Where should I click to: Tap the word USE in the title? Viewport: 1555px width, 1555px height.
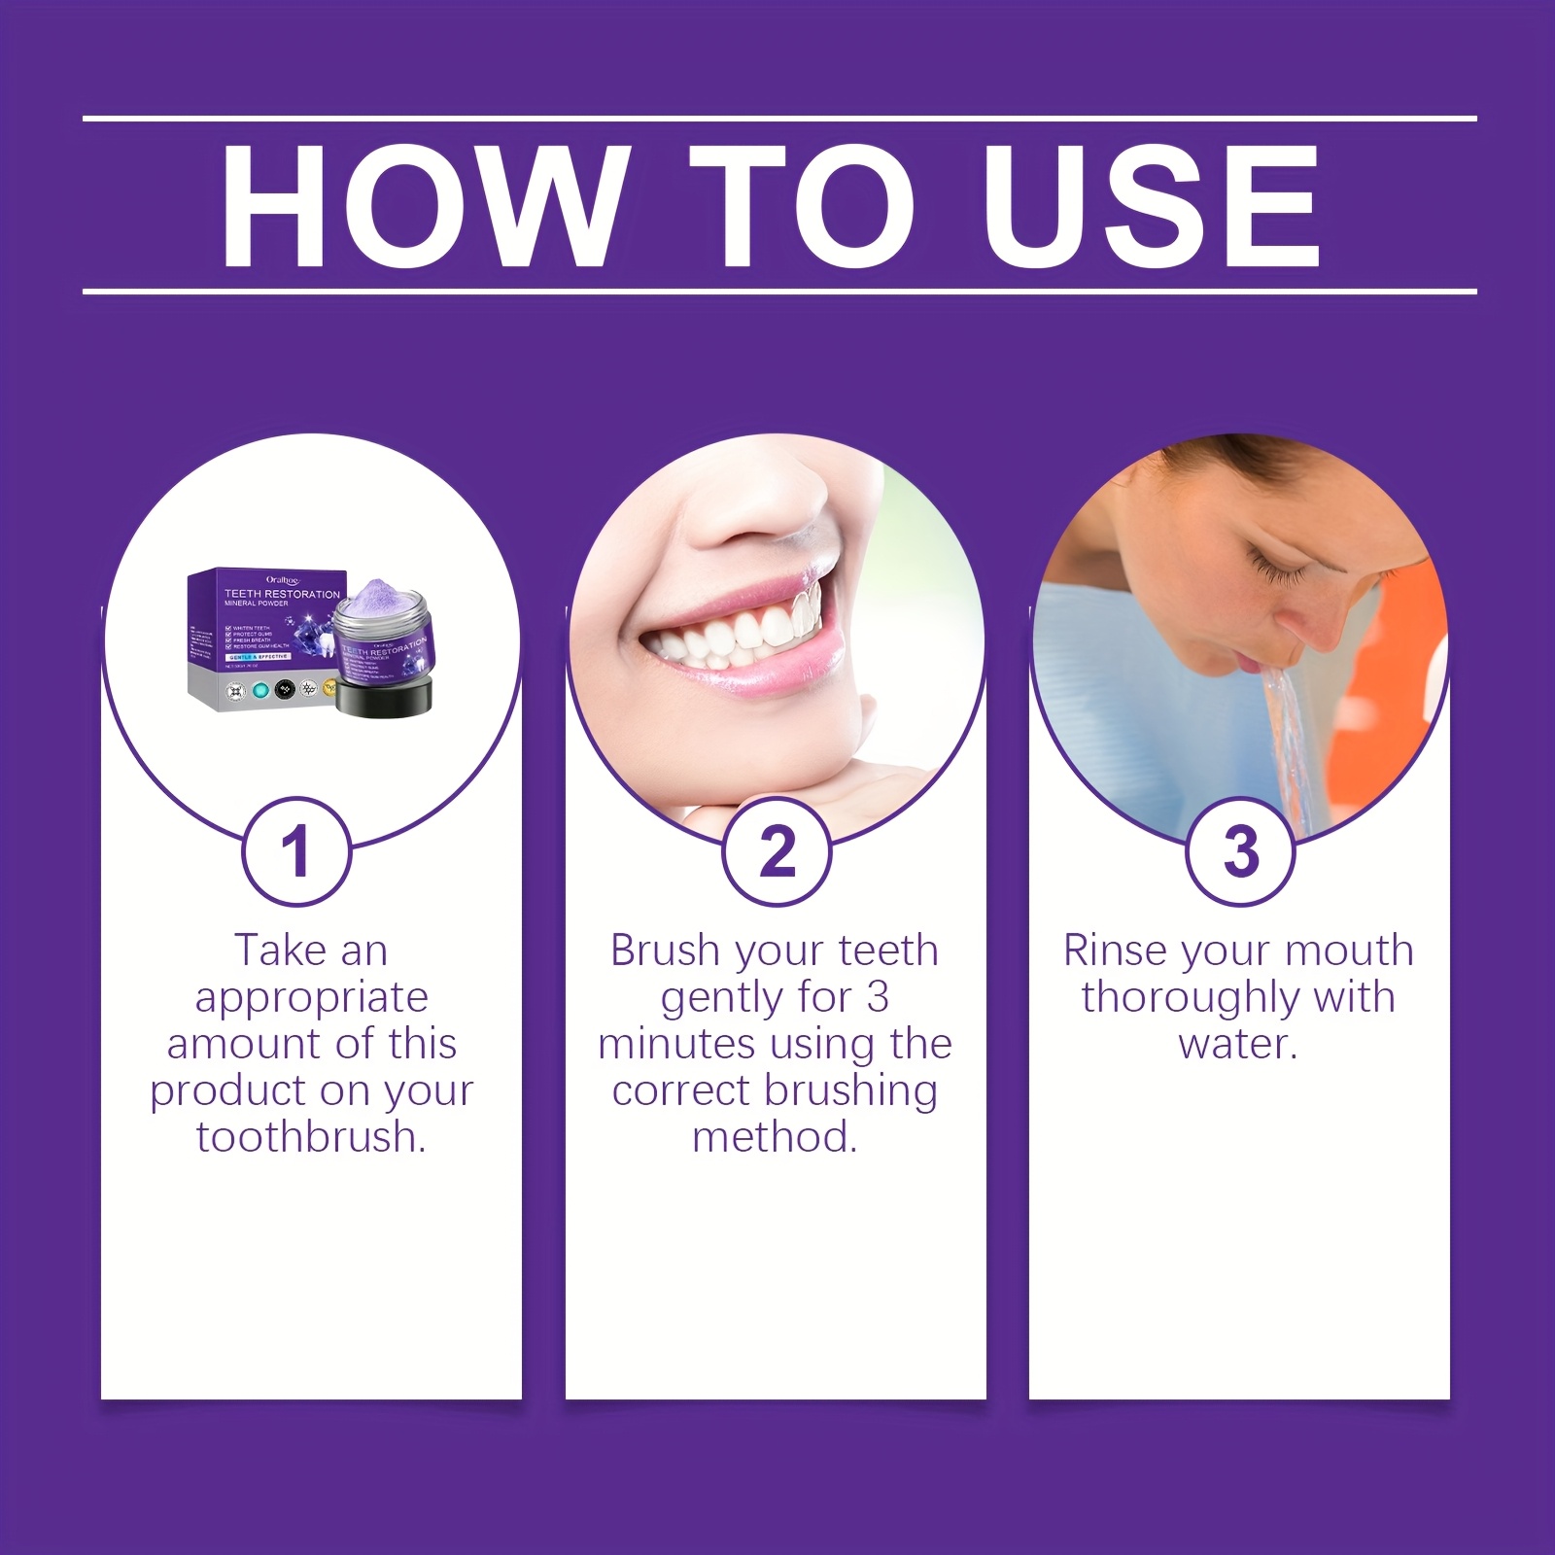pos(1152,206)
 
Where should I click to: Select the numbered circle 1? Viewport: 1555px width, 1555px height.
pos(295,851)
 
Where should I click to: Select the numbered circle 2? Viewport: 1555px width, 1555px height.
pos(777,851)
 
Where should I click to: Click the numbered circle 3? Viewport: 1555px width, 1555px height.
pos(1240,851)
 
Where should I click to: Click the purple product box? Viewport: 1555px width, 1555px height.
pos(255,637)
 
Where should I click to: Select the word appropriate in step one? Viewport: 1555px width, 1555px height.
pos(311,998)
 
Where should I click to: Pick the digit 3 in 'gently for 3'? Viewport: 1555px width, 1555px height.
pos(877,997)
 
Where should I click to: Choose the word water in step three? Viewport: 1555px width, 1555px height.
pos(1235,1044)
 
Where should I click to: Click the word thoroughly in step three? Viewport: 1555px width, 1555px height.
pos(1190,998)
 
